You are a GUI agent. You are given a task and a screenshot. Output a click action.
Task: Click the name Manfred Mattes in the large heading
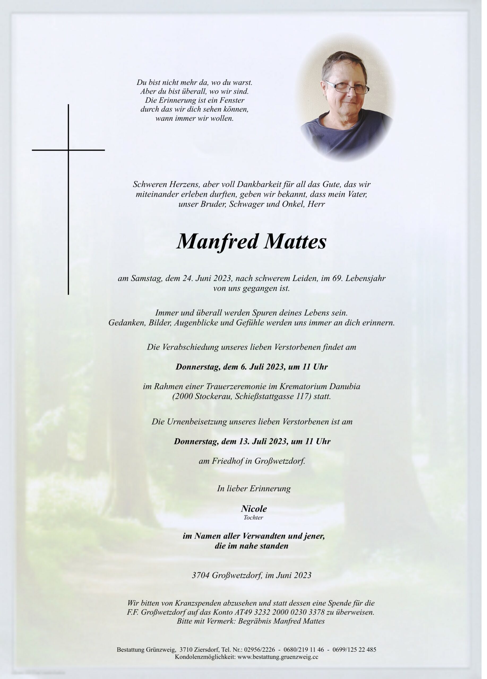click(x=251, y=242)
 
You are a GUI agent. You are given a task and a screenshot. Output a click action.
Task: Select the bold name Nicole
click(x=254, y=509)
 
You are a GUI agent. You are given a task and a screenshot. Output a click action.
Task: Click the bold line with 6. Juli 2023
click(x=252, y=367)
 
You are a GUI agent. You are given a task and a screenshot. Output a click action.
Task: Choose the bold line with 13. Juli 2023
click(x=252, y=441)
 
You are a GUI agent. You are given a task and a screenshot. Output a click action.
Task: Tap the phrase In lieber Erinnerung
click(x=254, y=489)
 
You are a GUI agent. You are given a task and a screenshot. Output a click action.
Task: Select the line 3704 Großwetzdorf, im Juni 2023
click(x=252, y=575)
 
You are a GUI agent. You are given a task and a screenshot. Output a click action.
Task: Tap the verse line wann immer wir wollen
click(x=194, y=118)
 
